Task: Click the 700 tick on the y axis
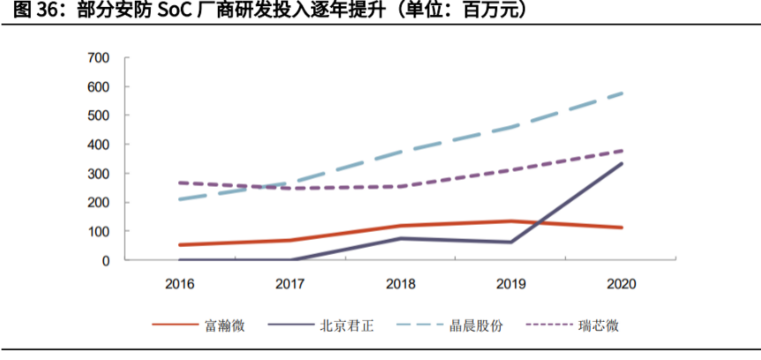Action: click(98, 58)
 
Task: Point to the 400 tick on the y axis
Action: click(98, 145)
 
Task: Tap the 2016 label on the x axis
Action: click(180, 283)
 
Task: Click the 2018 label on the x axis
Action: click(401, 283)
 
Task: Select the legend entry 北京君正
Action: click(347, 326)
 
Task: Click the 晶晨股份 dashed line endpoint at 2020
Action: click(622, 93)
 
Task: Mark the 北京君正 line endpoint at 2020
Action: click(622, 163)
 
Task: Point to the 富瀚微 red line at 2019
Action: click(511, 221)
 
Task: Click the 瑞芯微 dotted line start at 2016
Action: click(180, 183)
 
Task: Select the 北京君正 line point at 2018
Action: click(401, 238)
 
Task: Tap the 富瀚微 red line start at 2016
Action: click(180, 244)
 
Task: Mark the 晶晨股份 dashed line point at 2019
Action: click(511, 127)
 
